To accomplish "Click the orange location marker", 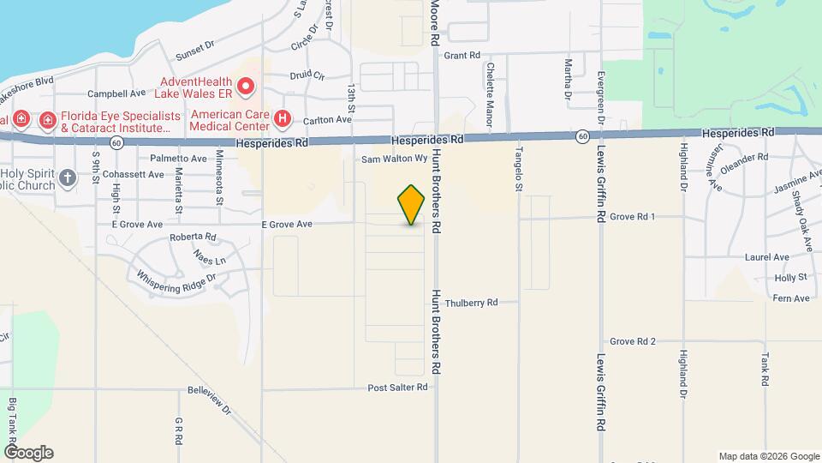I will click(x=411, y=204).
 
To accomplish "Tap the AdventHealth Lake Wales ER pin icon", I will click(x=246, y=86).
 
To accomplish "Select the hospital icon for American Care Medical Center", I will click(x=280, y=118).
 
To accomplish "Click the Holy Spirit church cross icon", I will click(x=67, y=177).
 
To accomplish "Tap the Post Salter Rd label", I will click(x=396, y=388).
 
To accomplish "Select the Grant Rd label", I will click(x=461, y=56).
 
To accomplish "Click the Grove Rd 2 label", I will click(x=633, y=341).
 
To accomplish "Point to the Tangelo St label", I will click(x=518, y=163).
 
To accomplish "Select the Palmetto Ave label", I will click(x=178, y=159).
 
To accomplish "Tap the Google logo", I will click(x=28, y=453).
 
